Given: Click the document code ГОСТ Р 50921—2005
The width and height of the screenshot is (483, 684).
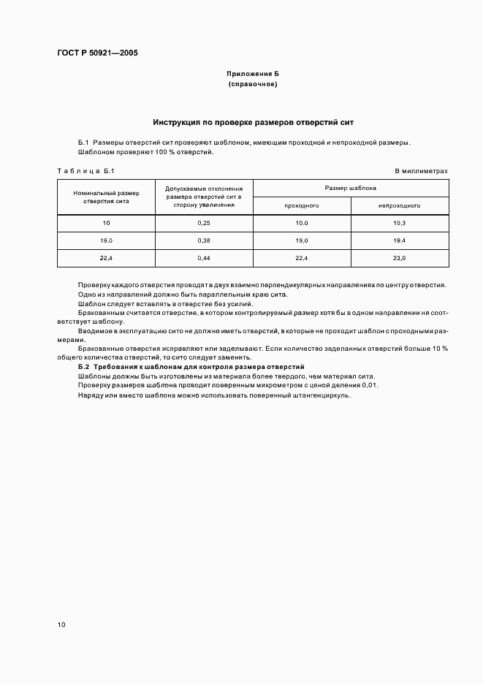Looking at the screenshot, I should coord(97,53).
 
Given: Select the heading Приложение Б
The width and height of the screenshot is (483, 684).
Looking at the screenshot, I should coord(253,75).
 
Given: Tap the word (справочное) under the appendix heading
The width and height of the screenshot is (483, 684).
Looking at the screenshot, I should coord(253,85).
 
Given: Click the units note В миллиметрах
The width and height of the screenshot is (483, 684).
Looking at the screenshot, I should coord(421,171).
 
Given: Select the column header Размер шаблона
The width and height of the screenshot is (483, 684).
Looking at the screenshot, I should coord(351,188).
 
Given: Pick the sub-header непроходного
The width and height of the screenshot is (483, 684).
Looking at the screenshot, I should coord(399,206).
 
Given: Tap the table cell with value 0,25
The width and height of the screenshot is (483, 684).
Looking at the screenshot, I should coord(204,223).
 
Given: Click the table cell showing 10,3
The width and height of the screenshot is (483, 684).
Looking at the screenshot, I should coord(399,223).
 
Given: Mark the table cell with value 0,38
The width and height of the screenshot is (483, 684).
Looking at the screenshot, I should coord(204,240).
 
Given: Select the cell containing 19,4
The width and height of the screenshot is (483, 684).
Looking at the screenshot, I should coord(399,240).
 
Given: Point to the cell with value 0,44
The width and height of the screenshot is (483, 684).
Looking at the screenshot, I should coord(204,259).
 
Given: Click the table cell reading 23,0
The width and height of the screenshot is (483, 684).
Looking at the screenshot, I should coord(399,259).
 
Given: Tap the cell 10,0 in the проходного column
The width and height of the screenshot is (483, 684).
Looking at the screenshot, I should coord(302,223).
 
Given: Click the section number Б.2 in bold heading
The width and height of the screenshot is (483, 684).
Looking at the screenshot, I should coord(83,366).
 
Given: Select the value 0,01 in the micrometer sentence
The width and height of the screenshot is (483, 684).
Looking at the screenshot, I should coord(370,385).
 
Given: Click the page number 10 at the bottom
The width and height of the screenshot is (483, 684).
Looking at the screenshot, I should coord(61,625).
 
